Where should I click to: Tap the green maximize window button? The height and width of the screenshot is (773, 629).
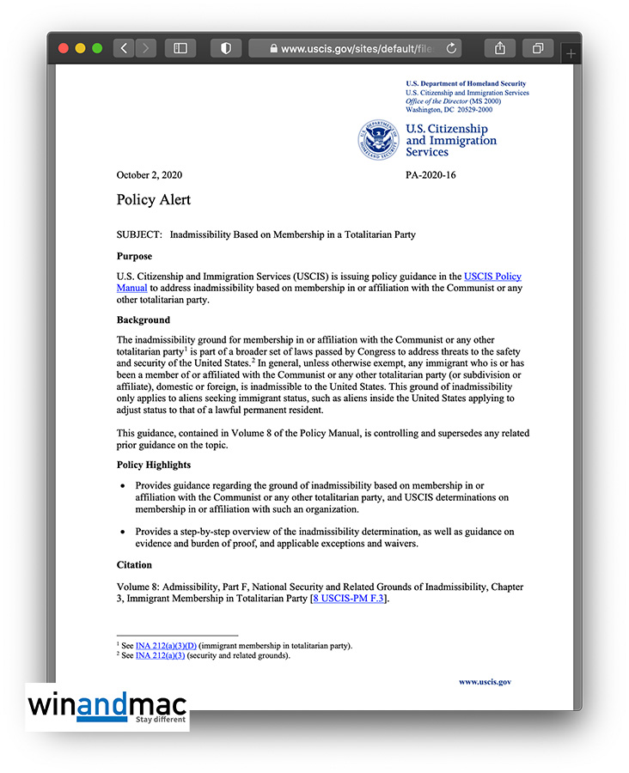click(x=97, y=49)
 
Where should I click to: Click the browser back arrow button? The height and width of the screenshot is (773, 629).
click(x=124, y=49)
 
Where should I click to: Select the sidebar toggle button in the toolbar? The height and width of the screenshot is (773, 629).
click(x=180, y=49)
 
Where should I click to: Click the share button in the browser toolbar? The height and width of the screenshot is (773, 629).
click(x=500, y=49)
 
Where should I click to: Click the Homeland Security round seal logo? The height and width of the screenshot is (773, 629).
click(x=378, y=141)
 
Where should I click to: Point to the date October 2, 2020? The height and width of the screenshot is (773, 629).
click(x=150, y=175)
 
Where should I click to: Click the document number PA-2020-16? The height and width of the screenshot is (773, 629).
click(x=431, y=175)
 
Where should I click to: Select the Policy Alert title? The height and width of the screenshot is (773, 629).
click(x=154, y=200)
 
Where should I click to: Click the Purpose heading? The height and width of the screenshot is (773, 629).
click(x=134, y=256)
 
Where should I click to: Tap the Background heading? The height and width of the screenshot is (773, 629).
click(x=144, y=320)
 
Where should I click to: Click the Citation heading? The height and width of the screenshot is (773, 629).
click(x=134, y=565)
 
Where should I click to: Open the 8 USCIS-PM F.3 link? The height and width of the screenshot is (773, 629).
click(x=350, y=599)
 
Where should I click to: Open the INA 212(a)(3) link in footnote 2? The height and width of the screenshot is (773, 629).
click(x=160, y=655)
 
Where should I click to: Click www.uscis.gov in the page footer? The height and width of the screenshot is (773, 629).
click(x=485, y=682)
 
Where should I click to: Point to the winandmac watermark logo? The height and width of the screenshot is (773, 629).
click(x=107, y=706)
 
